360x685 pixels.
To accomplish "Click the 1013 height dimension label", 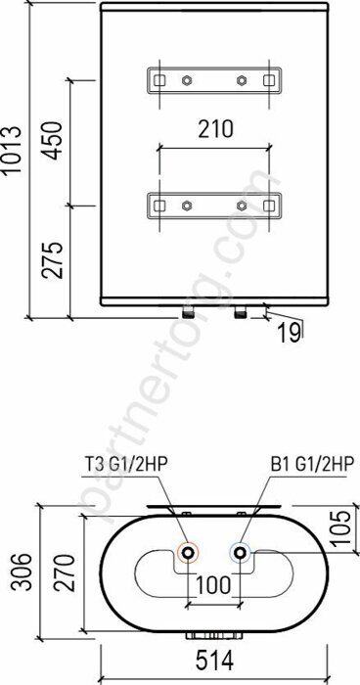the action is tap(12, 151).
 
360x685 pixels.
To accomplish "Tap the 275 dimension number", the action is tap(53, 259).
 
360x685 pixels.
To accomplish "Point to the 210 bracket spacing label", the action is tap(215, 129).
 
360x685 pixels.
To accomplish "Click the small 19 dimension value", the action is tap(289, 334).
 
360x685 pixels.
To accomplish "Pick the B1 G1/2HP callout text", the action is tap(311, 465).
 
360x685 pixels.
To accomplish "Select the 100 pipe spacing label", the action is tap(212, 585).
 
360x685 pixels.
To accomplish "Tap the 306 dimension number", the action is tap(22, 571).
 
